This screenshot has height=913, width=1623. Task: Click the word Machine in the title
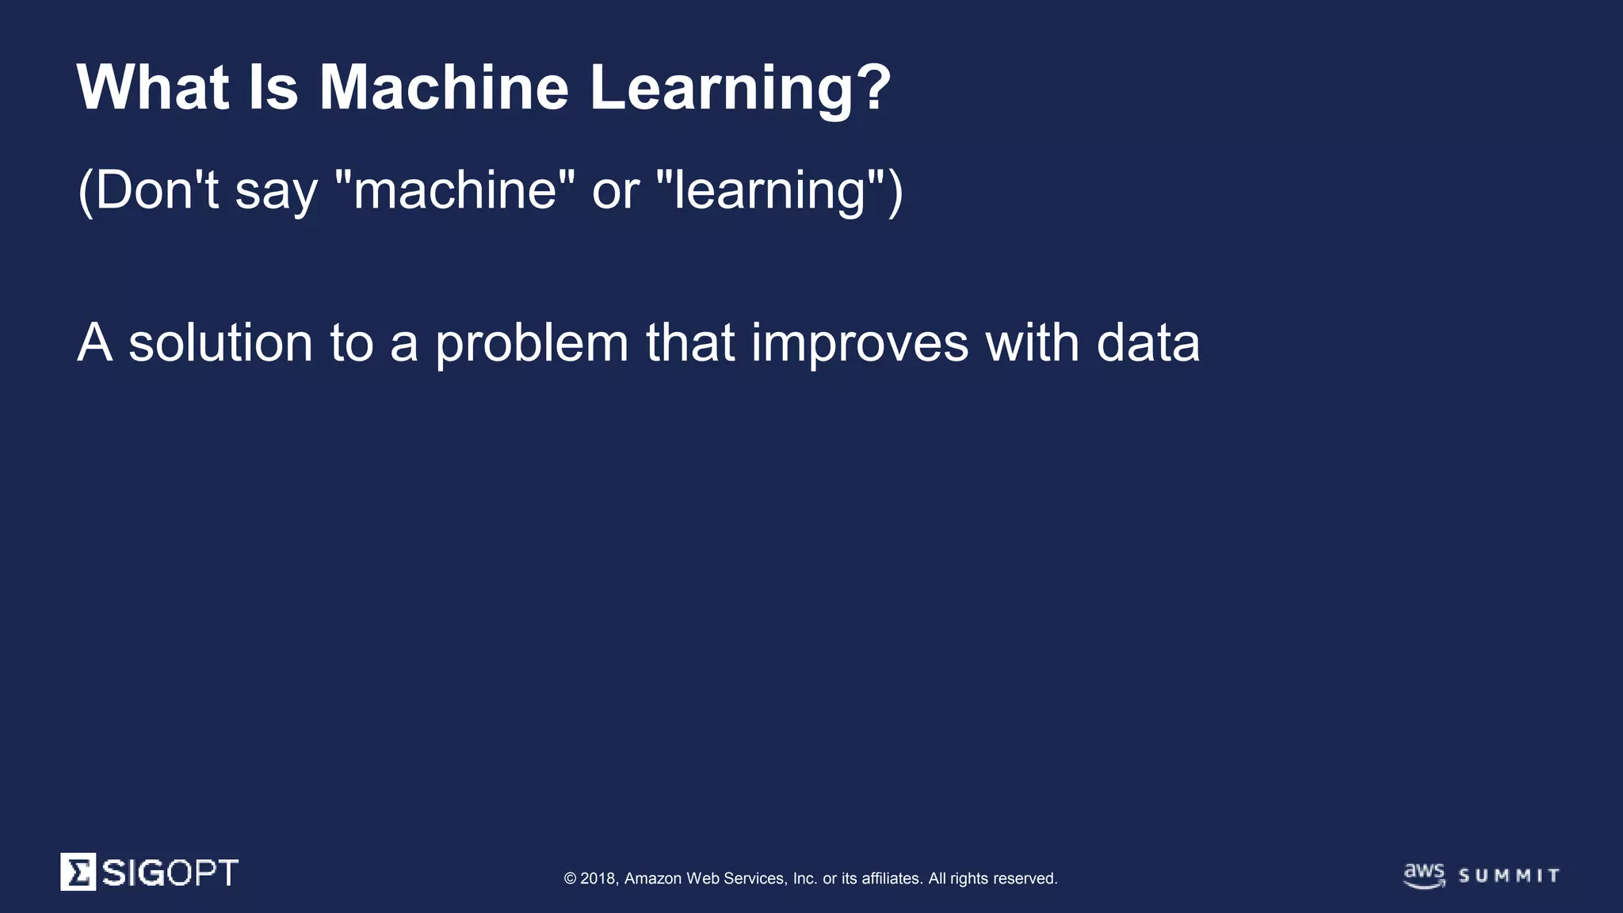[x=444, y=87]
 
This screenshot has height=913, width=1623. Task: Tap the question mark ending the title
[x=873, y=87]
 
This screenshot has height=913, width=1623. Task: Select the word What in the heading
[x=153, y=87]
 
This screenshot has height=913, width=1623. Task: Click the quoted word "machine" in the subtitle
[x=455, y=190]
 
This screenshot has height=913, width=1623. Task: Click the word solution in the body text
[x=220, y=343]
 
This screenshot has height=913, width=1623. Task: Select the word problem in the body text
[x=532, y=345]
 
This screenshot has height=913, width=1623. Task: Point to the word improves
[x=860, y=345]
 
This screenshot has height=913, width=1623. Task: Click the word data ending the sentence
[x=1148, y=343]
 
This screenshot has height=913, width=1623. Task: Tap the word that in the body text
[x=690, y=343]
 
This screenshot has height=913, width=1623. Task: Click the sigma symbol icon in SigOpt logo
[x=78, y=872]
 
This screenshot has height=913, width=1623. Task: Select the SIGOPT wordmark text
[x=170, y=873]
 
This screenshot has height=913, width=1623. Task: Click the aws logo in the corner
[x=1424, y=875]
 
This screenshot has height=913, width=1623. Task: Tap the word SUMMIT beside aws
[x=1510, y=876]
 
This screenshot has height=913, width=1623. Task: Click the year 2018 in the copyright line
[x=598, y=878]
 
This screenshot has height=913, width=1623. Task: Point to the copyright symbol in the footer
[x=570, y=878]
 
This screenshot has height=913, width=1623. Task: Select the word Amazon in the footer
[x=653, y=878]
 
